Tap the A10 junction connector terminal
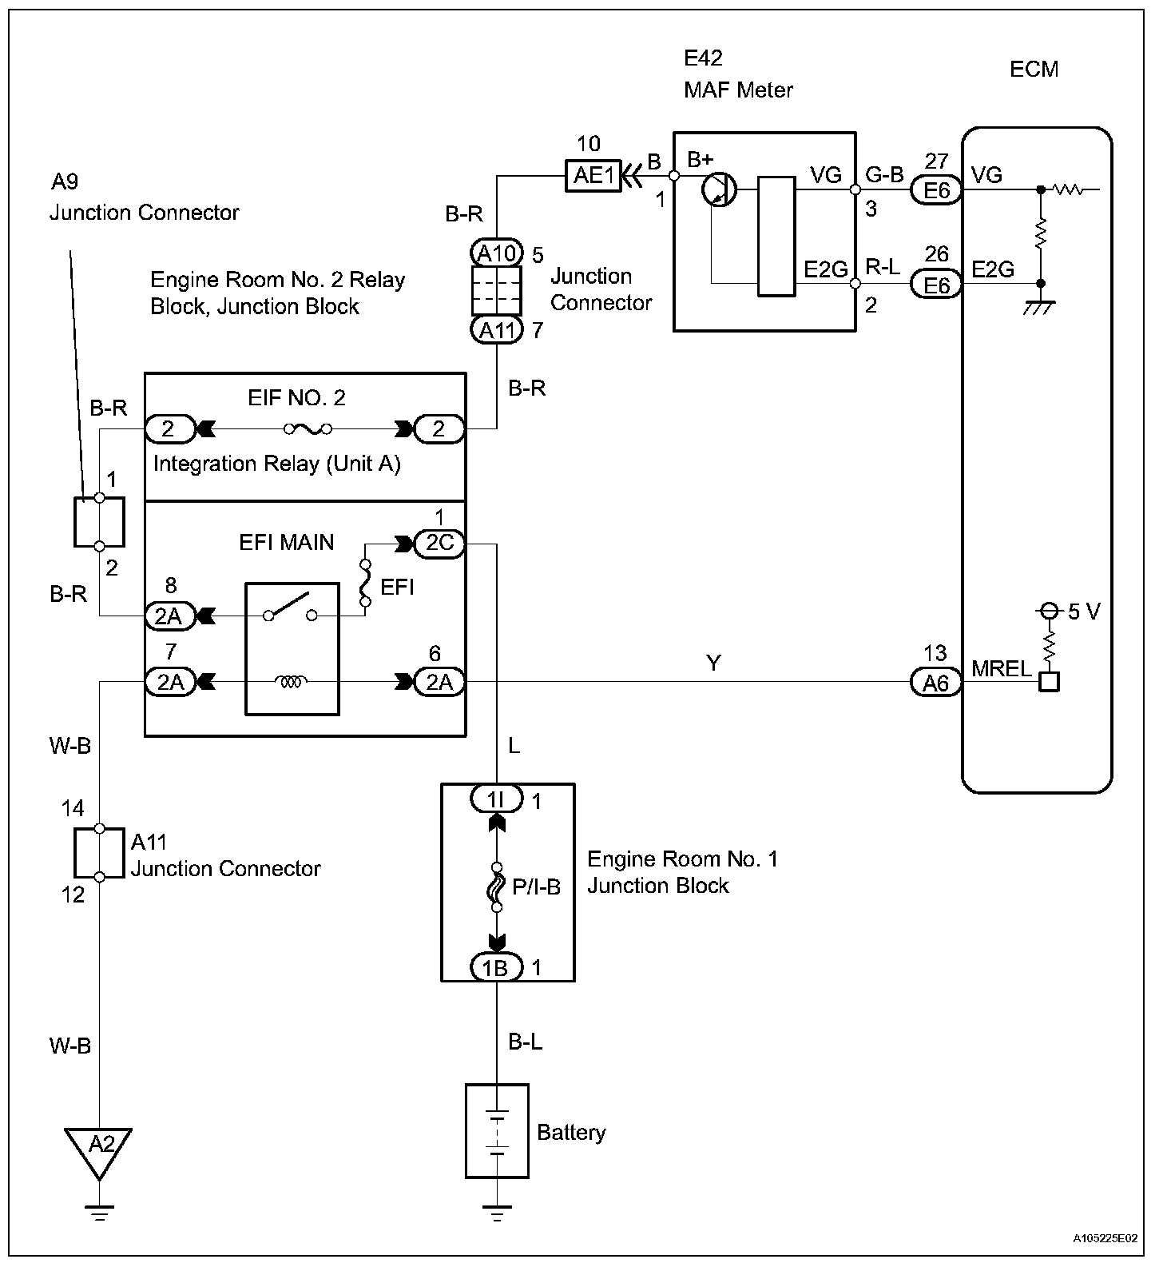pos(496,253)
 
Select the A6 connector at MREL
pos(936,683)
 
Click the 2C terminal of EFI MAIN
pos(439,544)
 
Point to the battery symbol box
pos(497,1130)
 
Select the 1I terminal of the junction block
pos(496,798)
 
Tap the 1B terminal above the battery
pos(496,967)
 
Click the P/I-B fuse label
pos(537,886)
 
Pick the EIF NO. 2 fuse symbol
pos(308,430)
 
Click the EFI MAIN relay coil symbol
pos(291,682)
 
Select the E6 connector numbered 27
pos(936,190)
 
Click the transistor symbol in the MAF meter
pos(719,190)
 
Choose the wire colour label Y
pos(714,663)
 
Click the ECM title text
pos(1034,69)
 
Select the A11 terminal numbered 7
pos(496,329)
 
